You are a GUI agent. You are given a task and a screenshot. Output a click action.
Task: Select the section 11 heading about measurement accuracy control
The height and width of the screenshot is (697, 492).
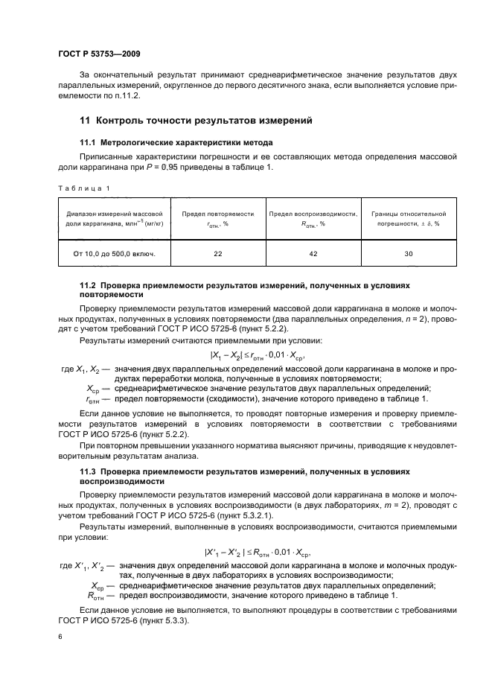pyautogui.click(x=195, y=120)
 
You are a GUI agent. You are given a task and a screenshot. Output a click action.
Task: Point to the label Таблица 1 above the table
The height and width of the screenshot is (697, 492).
pyautogui.click(x=83, y=188)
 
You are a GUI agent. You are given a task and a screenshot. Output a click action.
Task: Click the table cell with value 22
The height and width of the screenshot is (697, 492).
pyautogui.click(x=217, y=254)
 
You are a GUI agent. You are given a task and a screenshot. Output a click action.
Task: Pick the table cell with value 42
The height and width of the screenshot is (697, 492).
pyautogui.click(x=313, y=254)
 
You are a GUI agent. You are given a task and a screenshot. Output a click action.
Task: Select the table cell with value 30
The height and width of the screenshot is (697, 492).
pyautogui.click(x=408, y=254)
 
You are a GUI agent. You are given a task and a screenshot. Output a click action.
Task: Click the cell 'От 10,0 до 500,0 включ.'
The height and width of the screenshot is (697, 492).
pyautogui.click(x=114, y=254)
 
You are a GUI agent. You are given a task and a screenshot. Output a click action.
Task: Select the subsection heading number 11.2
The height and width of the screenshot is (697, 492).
pyautogui.click(x=88, y=285)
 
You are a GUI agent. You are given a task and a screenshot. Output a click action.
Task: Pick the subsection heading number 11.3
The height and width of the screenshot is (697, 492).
pyautogui.click(x=88, y=473)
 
